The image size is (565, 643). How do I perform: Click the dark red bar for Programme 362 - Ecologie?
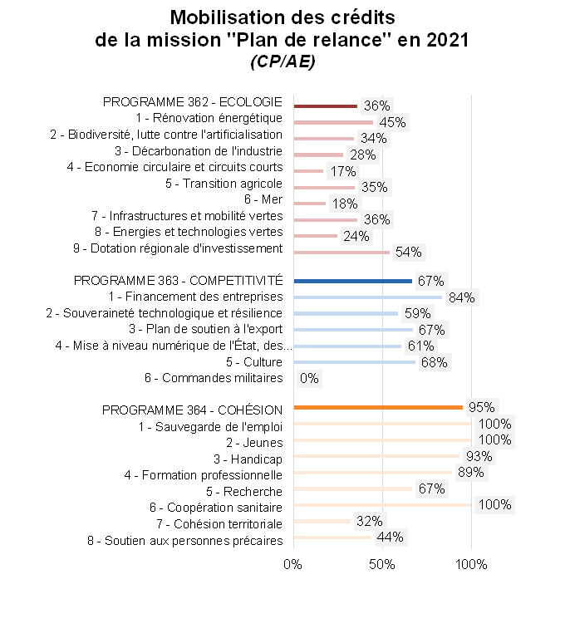(325, 106)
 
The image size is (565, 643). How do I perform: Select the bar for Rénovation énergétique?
(333, 122)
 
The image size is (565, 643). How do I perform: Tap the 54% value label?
(408, 252)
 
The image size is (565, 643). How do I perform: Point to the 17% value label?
(342, 171)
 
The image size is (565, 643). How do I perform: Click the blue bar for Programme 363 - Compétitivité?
(352, 281)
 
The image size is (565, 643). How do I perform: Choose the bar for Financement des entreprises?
(367, 297)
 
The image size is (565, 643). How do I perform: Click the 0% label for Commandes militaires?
(309, 378)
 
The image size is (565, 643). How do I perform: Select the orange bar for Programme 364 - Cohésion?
(377, 407)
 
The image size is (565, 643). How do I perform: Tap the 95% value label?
(481, 407)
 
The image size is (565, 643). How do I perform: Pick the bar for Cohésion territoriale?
(322, 522)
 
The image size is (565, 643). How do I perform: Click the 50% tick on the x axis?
(381, 566)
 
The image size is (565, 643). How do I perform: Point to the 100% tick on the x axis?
(471, 566)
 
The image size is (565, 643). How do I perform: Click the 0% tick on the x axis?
(293, 566)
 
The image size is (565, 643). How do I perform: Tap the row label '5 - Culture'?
(254, 362)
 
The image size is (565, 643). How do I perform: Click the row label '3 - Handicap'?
(248, 459)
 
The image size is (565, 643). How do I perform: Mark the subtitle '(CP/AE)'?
(282, 61)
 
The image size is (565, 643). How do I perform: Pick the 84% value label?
(460, 297)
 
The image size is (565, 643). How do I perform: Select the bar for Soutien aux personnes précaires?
(332, 537)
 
